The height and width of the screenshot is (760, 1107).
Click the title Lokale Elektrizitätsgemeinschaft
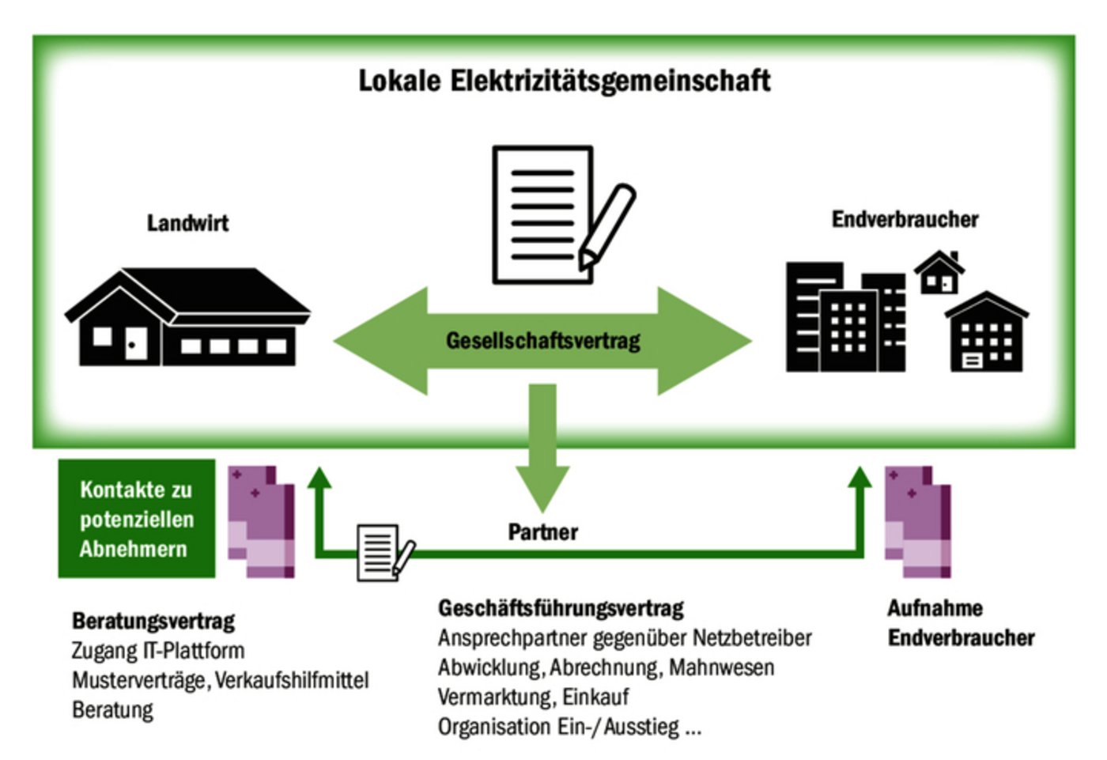[x=564, y=81]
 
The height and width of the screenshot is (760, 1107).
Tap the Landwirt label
[x=187, y=223]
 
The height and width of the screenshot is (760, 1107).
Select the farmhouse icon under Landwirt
[x=187, y=318]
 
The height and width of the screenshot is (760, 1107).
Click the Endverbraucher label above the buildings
[x=905, y=219]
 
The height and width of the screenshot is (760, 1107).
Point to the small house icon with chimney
[x=939, y=273]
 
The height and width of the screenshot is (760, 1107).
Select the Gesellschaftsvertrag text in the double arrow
[x=543, y=341]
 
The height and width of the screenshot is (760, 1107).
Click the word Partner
[x=542, y=532]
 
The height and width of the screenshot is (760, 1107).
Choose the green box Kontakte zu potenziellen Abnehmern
[x=136, y=519]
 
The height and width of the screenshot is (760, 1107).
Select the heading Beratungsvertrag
[x=153, y=621]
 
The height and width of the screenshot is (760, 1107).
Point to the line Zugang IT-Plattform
[x=158, y=651]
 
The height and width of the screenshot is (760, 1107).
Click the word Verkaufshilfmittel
[x=292, y=680]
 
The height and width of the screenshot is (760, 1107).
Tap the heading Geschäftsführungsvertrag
[x=561, y=608]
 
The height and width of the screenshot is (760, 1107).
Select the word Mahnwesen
[x=721, y=667]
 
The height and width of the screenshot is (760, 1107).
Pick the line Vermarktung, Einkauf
[x=534, y=697]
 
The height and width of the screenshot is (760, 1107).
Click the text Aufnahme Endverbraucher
[x=960, y=623]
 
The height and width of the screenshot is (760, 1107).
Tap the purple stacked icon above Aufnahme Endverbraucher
[x=917, y=522]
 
